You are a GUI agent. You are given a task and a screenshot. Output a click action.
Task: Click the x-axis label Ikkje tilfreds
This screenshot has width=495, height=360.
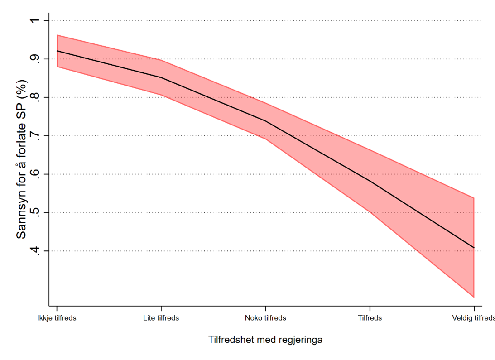point(57,318)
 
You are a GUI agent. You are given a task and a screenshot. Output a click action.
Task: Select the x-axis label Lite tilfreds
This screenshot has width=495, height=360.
point(161,318)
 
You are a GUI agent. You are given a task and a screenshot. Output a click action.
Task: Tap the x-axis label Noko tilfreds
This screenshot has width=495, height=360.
point(265,318)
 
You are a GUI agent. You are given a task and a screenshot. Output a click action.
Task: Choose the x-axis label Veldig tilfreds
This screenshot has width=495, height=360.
point(473,318)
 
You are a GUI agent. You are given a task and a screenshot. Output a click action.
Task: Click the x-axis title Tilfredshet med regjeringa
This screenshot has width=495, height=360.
point(265,340)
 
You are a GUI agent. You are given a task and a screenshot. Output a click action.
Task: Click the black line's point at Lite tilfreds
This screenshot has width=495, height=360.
point(161,77)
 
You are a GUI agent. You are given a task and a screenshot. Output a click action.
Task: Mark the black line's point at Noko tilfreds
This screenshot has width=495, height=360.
point(265,121)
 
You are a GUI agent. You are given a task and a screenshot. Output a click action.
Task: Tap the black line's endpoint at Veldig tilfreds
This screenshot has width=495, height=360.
point(474,248)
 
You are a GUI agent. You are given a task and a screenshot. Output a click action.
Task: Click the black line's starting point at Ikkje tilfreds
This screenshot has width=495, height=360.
point(57,51)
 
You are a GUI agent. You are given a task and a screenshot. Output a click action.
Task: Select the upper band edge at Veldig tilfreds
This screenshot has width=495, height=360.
point(474,198)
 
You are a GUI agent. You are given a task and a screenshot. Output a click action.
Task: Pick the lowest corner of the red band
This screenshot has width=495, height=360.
point(474,297)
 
